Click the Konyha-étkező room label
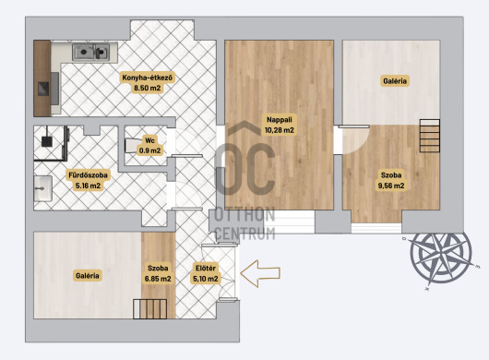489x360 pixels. coord(148,78)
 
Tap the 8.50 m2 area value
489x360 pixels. coord(148,88)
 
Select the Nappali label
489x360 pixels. coord(280,119)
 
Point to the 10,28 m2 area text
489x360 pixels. coord(280,130)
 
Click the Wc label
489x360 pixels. coord(149,140)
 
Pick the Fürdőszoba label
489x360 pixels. coord(88,175)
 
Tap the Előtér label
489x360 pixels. coord(206,268)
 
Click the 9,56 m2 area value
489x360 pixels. coord(391,186)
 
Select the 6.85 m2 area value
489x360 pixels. coord(158,279)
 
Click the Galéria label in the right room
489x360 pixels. coord(395,81)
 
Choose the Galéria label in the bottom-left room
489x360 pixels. coord(88,276)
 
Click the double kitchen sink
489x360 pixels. coord(90,52)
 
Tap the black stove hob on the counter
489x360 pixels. coord(43,89)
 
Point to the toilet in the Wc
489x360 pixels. coord(131,146)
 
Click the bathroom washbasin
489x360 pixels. coord(42,188)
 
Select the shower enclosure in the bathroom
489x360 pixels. coord(51,143)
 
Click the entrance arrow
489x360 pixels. coord(260,273)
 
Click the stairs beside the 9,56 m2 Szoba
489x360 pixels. coord(429,136)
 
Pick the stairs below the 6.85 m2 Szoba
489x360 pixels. coord(149,309)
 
